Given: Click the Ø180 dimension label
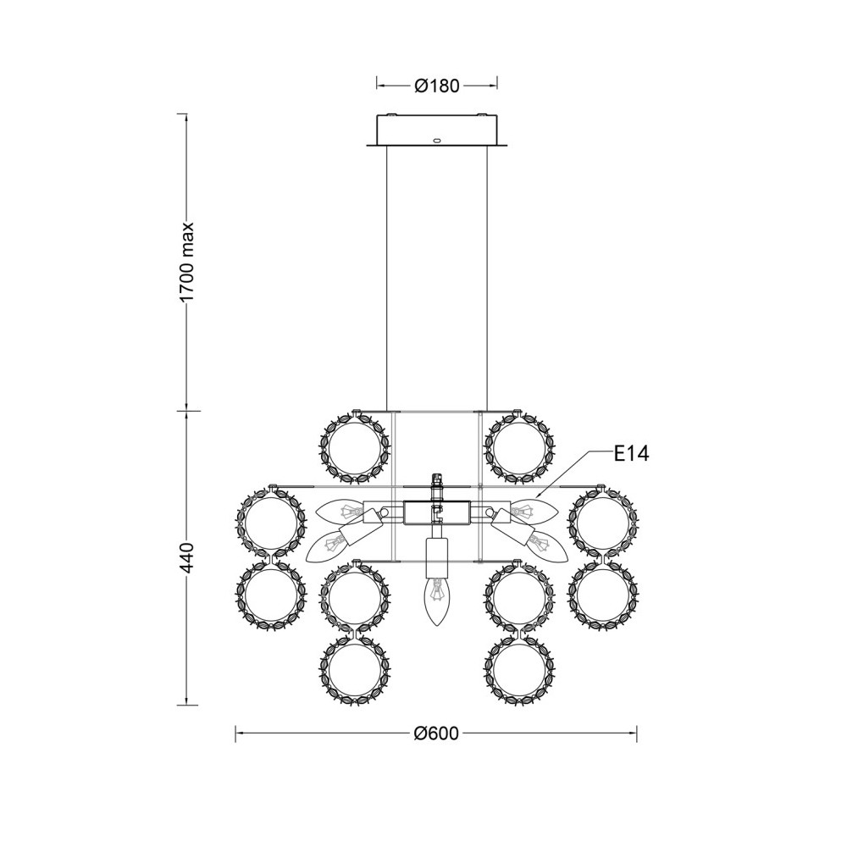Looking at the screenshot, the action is (x=436, y=86).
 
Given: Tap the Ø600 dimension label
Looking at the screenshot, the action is (x=436, y=733).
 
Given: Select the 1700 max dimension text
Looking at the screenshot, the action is (x=186, y=263).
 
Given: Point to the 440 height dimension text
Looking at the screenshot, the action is (x=186, y=558).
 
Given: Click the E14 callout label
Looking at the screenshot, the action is (x=632, y=454).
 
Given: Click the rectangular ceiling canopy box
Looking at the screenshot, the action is (x=436, y=130).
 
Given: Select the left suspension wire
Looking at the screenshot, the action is (x=387, y=278).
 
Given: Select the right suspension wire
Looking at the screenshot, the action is (x=487, y=278).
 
